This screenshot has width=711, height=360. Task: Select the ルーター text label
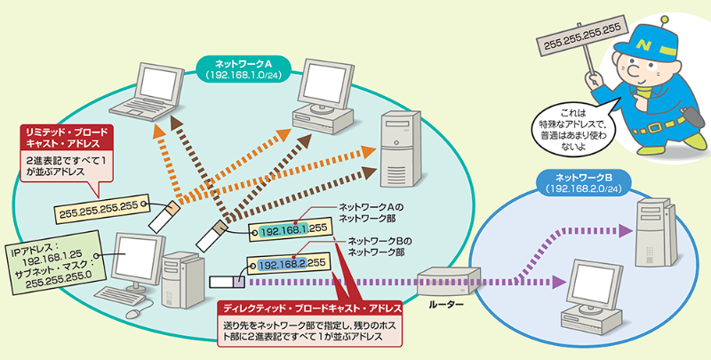445,304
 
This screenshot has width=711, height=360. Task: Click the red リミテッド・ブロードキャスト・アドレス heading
68,136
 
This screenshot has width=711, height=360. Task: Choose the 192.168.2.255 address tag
287,263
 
